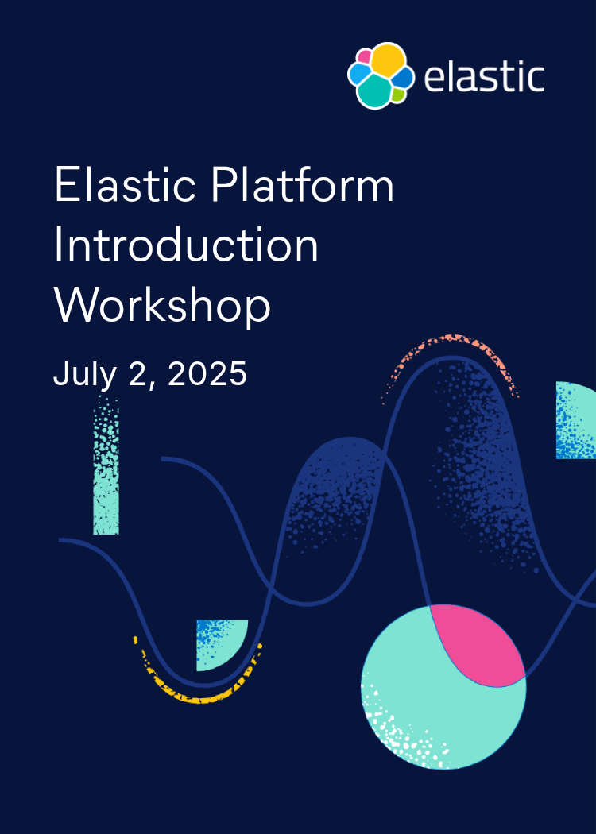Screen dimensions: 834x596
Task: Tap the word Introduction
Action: (186, 245)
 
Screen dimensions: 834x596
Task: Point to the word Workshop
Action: (162, 305)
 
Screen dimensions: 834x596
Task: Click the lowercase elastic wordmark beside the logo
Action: (484, 77)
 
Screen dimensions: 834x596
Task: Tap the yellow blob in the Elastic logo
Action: (386, 60)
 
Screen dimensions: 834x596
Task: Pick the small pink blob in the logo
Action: (364, 57)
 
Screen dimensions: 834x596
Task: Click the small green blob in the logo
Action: (398, 95)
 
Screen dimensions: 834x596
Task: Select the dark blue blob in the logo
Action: (404, 77)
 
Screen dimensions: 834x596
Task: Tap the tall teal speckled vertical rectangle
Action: (106, 469)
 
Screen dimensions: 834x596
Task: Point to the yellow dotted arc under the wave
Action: (195, 693)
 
